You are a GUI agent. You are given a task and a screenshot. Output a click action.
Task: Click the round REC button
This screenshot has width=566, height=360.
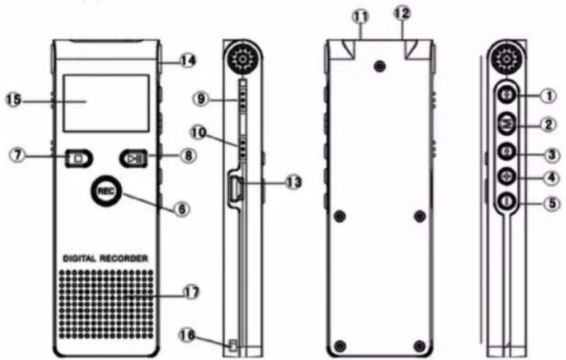pyautogui.click(x=106, y=191)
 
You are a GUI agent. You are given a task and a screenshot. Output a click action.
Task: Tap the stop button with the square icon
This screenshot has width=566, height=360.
pyautogui.click(x=79, y=159)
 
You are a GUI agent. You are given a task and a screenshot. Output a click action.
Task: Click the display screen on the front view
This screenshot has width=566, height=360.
pyautogui.click(x=106, y=103)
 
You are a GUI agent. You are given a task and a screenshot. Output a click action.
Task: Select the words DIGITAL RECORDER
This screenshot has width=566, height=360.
pyautogui.click(x=105, y=258)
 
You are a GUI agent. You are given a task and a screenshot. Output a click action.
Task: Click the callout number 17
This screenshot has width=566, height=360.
pyautogui.click(x=191, y=291)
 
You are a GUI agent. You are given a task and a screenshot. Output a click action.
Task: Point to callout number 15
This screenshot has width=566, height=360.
pyautogui.click(x=14, y=100)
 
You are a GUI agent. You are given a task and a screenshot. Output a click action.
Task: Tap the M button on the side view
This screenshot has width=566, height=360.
pyautogui.click(x=507, y=124)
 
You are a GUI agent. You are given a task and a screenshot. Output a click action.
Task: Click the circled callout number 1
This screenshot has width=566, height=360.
pyautogui.click(x=549, y=96)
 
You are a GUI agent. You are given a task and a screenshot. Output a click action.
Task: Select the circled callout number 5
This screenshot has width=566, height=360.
pyautogui.click(x=551, y=203)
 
